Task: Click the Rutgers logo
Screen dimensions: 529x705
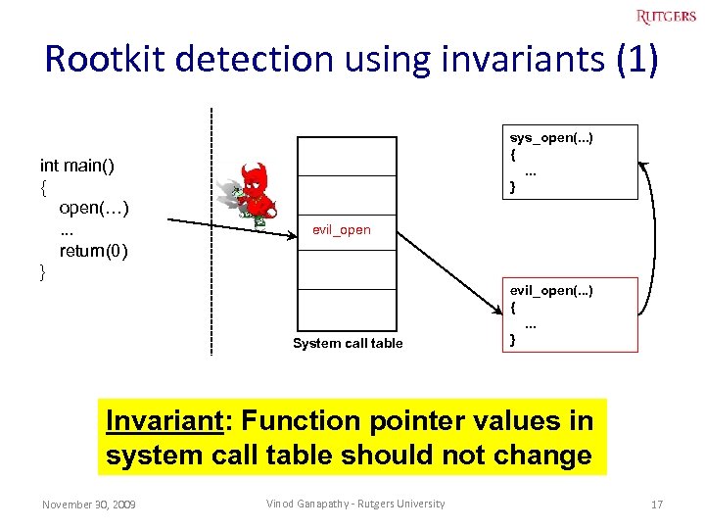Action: click(x=666, y=16)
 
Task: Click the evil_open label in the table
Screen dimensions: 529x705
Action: click(x=342, y=230)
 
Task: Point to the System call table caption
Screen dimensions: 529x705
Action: click(x=348, y=343)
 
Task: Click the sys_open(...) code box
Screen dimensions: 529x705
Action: click(x=570, y=162)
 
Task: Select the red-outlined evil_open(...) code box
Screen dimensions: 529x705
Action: click(x=570, y=315)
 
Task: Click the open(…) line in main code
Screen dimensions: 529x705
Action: click(x=95, y=208)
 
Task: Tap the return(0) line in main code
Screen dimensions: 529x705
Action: click(x=93, y=251)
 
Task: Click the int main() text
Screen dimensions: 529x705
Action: click(x=76, y=166)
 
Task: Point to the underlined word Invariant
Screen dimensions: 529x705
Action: click(x=164, y=421)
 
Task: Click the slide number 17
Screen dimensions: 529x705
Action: click(x=657, y=505)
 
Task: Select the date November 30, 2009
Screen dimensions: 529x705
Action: click(x=89, y=505)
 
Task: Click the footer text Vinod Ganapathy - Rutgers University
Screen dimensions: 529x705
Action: click(x=355, y=505)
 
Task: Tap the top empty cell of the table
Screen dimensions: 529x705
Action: click(x=347, y=156)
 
